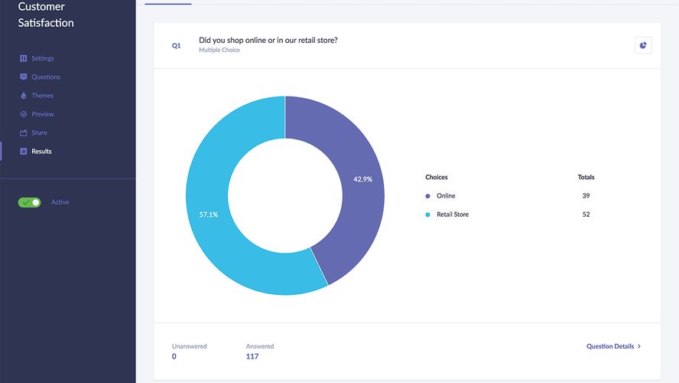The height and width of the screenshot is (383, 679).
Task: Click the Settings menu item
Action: click(x=42, y=58)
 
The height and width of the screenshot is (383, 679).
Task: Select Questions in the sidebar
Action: click(x=45, y=77)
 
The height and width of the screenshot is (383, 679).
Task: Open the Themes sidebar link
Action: click(x=42, y=96)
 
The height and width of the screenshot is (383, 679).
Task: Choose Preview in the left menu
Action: click(x=42, y=114)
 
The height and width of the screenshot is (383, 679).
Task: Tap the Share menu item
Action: click(x=39, y=133)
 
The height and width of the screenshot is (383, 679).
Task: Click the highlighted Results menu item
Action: click(x=41, y=151)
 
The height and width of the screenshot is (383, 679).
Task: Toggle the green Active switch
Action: click(x=30, y=202)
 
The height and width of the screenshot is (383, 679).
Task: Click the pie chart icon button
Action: click(x=643, y=45)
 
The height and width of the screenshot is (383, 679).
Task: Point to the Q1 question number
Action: click(x=176, y=46)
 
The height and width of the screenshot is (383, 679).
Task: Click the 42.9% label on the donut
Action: click(x=362, y=179)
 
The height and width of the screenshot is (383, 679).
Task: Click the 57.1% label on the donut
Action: click(x=209, y=214)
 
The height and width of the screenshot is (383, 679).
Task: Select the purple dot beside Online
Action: click(x=427, y=196)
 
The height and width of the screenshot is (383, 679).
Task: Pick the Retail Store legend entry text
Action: click(x=452, y=214)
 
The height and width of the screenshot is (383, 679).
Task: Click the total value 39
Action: click(x=586, y=196)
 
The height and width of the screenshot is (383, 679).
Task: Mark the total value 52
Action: click(x=586, y=214)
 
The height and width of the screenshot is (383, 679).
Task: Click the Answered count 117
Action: click(x=252, y=356)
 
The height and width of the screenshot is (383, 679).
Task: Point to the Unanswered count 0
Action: click(x=174, y=356)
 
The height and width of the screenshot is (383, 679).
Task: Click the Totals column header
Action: click(x=586, y=177)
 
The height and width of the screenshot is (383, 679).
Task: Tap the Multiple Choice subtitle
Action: click(x=219, y=51)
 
